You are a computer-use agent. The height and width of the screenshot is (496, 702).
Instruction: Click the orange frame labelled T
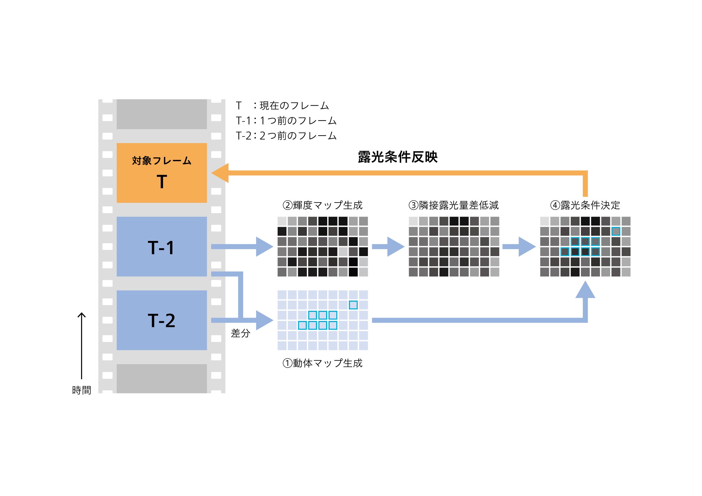[x=161, y=172]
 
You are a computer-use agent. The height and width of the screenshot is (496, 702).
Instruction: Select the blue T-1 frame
[x=161, y=247]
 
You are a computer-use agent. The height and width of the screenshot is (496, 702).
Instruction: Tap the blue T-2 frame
[x=161, y=320]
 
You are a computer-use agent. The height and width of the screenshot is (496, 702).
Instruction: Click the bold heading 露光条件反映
[x=397, y=157]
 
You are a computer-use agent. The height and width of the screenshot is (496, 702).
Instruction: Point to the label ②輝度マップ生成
[x=323, y=205]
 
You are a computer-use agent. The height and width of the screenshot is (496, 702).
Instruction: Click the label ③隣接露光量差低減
[x=453, y=205]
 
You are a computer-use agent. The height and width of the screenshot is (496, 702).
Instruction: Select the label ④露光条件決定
[x=585, y=205]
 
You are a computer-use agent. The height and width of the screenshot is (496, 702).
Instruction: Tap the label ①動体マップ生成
[x=323, y=363]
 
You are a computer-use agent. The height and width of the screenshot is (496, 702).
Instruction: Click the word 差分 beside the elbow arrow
[x=240, y=333]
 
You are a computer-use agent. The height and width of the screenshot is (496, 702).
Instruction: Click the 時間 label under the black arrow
[x=81, y=390]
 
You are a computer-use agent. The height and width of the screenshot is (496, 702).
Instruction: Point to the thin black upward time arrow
[x=81, y=345]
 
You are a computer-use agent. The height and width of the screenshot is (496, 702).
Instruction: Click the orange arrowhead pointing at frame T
[x=221, y=173]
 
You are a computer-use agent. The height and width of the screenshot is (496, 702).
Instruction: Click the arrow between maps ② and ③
[x=388, y=247]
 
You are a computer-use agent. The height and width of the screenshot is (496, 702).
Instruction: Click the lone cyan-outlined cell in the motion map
[x=353, y=305]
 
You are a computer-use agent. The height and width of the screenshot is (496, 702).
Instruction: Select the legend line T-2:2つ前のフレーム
[x=286, y=136]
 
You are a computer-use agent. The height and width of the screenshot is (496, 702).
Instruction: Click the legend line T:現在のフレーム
[x=282, y=106]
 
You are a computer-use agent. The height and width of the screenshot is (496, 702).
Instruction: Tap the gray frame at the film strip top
[x=161, y=114]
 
